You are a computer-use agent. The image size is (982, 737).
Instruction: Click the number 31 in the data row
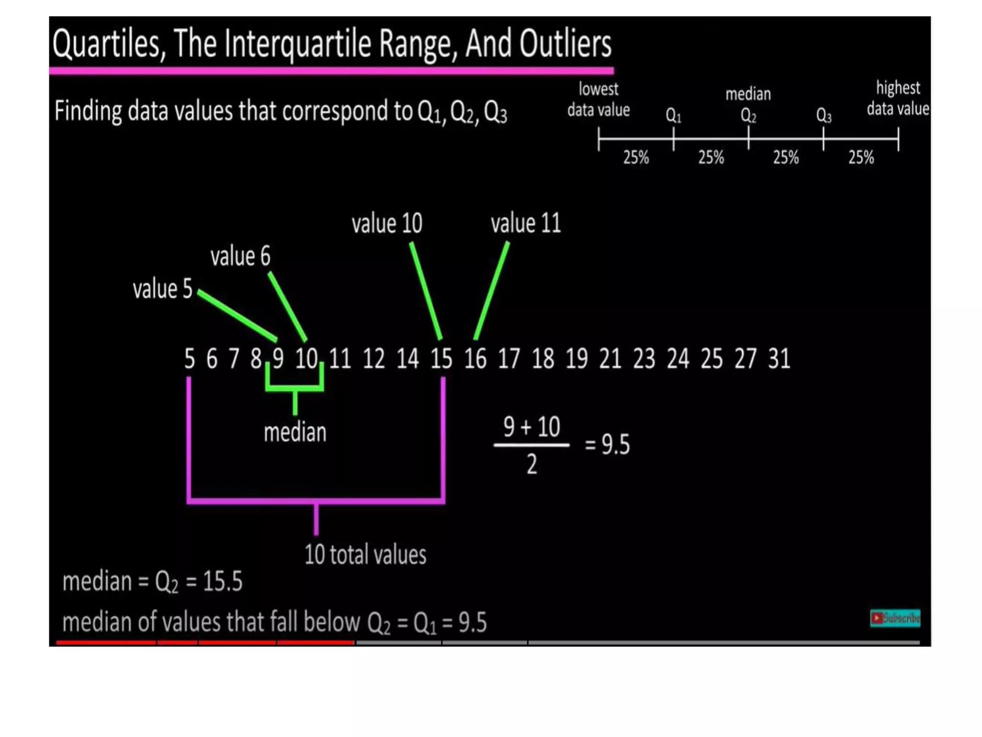point(779,358)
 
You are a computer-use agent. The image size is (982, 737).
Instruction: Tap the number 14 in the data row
point(408,358)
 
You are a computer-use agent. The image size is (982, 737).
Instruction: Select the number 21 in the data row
point(610,358)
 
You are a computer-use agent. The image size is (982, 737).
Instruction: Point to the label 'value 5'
point(163,289)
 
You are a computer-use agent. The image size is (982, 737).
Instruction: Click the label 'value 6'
point(240,256)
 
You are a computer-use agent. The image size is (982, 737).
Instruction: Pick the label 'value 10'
point(387,224)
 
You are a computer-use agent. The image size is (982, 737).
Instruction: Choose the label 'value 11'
point(526,224)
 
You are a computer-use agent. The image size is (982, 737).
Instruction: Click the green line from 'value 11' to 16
point(491,291)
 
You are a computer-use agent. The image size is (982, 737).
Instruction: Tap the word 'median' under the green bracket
point(295,432)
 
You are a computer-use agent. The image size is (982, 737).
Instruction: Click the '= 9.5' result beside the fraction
point(607,444)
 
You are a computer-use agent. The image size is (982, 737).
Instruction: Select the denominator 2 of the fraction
point(532,464)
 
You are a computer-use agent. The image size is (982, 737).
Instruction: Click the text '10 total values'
point(365,555)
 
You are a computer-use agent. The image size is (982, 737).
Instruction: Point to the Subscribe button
point(895,618)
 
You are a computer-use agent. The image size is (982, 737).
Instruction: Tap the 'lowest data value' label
point(598,99)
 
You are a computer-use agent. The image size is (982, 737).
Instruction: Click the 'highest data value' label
point(898,98)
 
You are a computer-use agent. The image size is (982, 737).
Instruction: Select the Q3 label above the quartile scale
point(824,116)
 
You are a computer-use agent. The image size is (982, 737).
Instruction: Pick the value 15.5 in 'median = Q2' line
point(222,582)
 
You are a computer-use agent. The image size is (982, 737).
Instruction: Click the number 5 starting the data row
point(189,358)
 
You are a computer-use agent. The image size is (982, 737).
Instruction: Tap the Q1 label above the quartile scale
point(673,116)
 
